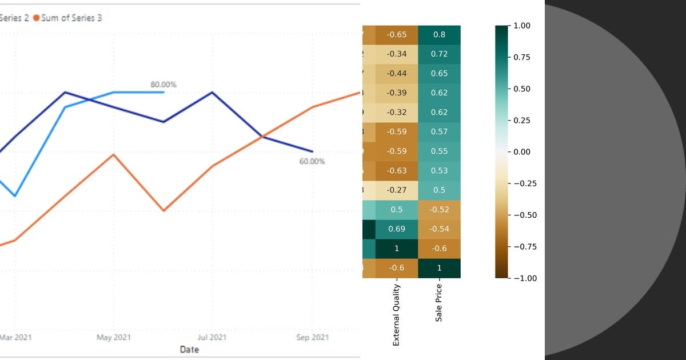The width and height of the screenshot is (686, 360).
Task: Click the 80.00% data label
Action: point(163,85)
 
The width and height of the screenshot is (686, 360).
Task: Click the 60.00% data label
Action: point(312,162)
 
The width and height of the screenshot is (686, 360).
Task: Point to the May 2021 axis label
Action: point(114,338)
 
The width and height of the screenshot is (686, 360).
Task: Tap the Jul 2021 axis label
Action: point(212,338)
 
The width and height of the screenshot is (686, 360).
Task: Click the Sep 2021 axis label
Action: point(313,338)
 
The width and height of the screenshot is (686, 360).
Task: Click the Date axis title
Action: point(189,349)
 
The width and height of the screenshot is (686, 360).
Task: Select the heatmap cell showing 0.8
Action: point(439,35)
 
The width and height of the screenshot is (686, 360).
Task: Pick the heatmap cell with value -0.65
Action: point(397,35)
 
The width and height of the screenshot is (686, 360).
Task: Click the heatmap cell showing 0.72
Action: point(439,54)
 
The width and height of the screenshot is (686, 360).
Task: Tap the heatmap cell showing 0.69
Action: point(397,229)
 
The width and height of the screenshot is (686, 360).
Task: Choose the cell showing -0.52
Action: point(439,210)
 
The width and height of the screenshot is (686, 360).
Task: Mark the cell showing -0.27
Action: point(397,190)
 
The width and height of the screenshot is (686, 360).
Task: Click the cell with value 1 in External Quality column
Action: point(397,249)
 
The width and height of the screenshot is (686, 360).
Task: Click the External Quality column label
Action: point(396,314)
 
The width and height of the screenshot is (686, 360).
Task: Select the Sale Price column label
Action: point(439,302)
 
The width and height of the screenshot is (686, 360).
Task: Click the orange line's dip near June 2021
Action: point(164,211)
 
